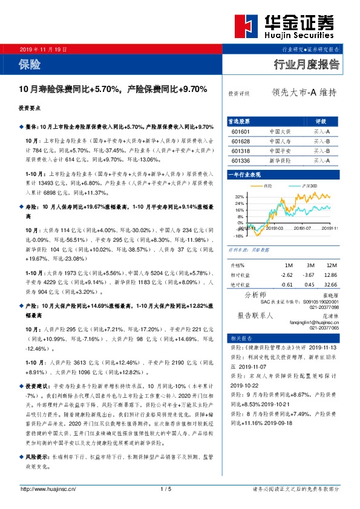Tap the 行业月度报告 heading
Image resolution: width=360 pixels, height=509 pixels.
point(306,65)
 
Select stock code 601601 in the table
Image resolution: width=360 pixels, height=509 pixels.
point(240,131)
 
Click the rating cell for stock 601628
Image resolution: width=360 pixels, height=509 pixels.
point(321,141)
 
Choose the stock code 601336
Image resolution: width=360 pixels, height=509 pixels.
point(240,161)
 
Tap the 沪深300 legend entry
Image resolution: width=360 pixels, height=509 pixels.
point(309,186)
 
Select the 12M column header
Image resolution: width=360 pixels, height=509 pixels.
point(330,265)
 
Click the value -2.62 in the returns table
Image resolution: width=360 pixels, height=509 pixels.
point(286,275)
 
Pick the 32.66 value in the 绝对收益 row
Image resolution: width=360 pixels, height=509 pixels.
point(330,285)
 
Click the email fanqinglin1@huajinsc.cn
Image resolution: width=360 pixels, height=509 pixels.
point(312,323)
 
